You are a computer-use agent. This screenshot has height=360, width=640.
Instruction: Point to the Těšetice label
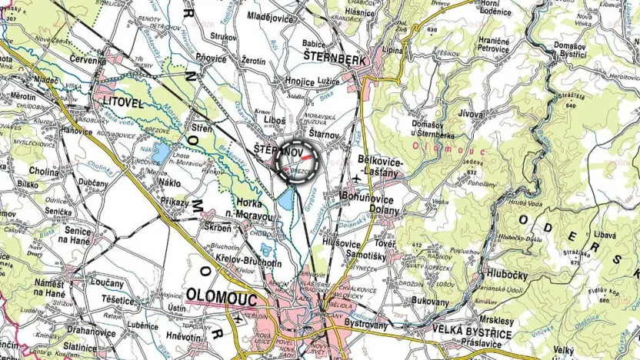pos(118,298)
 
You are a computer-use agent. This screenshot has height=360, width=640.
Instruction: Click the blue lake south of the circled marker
pos(285,202)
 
